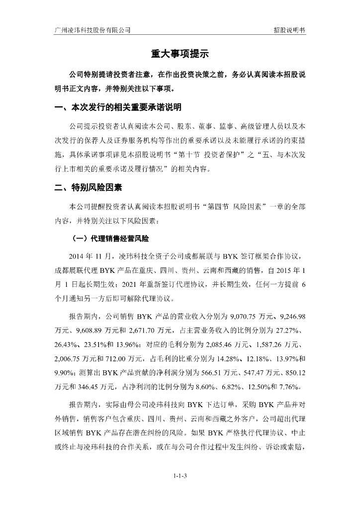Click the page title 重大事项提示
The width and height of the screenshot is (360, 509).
point(180,54)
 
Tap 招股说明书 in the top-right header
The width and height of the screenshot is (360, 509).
point(289,29)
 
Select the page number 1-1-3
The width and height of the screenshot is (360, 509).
point(180,476)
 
